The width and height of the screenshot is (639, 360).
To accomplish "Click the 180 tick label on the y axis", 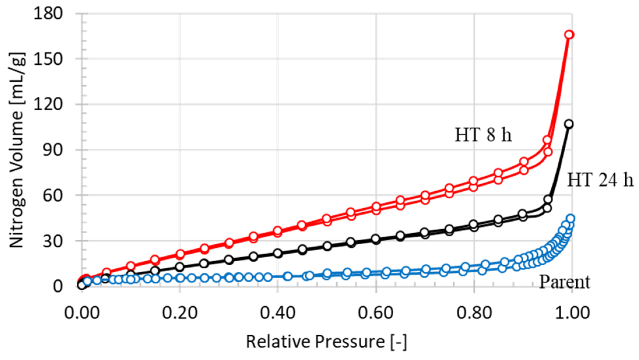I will (x=48, y=14).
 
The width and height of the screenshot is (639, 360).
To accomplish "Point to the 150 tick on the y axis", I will (x=48, y=59).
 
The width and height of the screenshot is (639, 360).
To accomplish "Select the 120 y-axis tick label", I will (x=48, y=105).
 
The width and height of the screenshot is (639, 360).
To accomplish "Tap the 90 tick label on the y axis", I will (x=52, y=150).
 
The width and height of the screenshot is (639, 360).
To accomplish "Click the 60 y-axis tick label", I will (x=52, y=195).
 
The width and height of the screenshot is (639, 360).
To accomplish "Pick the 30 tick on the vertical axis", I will (x=52, y=241).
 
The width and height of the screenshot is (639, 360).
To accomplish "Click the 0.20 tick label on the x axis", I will (x=179, y=313).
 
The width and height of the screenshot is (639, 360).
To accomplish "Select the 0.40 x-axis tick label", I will (x=277, y=313).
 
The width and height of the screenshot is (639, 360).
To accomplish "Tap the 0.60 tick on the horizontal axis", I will (x=376, y=313).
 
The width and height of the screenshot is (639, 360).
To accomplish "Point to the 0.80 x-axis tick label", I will (x=474, y=313).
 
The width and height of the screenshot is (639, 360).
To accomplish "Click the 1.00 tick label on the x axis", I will (x=572, y=313).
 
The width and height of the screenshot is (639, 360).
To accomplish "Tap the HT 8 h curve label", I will (x=483, y=135).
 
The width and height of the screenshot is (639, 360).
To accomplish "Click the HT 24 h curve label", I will (x=600, y=180).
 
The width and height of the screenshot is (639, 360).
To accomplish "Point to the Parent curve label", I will (x=564, y=282).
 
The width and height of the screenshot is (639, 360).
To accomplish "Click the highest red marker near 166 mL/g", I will (x=569, y=35).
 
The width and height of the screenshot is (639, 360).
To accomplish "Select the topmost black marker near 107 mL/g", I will (x=568, y=124).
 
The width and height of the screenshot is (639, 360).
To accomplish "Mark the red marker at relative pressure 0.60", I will (x=376, y=207).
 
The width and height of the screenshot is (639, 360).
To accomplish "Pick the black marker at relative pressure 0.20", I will (x=180, y=267).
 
